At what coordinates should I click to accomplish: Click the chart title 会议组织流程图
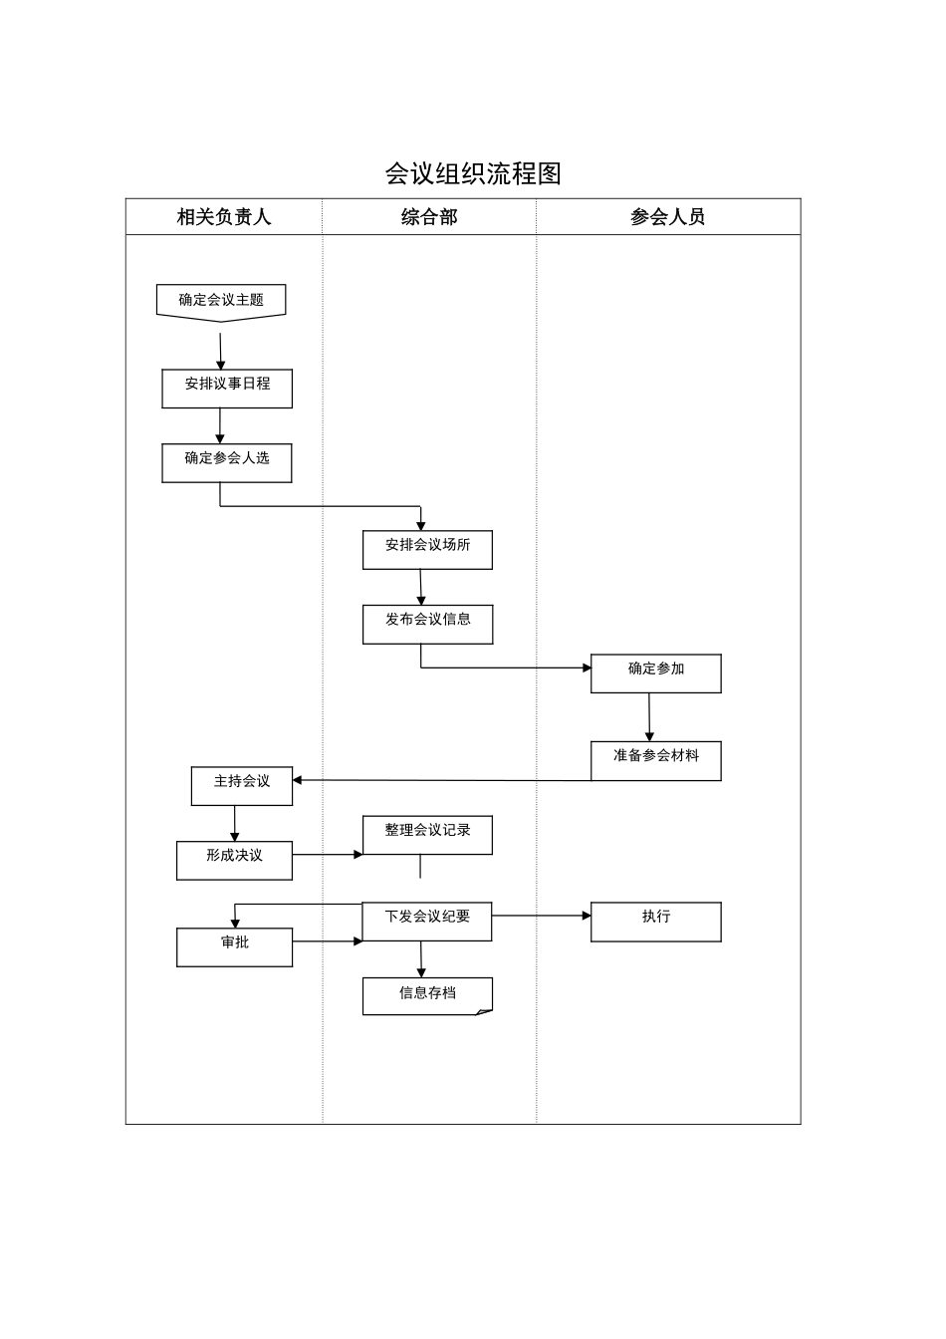point(473,173)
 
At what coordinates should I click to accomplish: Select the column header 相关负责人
point(223,216)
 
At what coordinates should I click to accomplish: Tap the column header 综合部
point(428,216)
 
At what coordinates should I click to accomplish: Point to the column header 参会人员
point(667,216)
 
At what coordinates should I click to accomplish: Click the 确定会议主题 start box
point(221,301)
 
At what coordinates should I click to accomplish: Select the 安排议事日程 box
point(227,389)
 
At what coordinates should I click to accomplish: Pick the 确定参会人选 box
point(227,463)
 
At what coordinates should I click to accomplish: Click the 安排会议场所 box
point(427,550)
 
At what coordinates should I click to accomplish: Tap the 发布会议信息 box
point(427,625)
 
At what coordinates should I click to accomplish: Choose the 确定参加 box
point(655,673)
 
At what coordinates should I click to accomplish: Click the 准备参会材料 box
point(655,760)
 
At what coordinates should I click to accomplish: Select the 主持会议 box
point(242,786)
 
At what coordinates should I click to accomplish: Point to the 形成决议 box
point(234,861)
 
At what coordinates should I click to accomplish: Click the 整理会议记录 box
point(427,835)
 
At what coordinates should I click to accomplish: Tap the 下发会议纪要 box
point(427,922)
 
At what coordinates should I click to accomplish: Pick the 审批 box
point(234,946)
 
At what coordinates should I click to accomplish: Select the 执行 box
point(655,922)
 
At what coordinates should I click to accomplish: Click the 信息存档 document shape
point(427,995)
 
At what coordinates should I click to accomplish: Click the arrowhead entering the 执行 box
point(586,916)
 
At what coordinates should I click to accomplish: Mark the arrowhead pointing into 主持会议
point(298,780)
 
